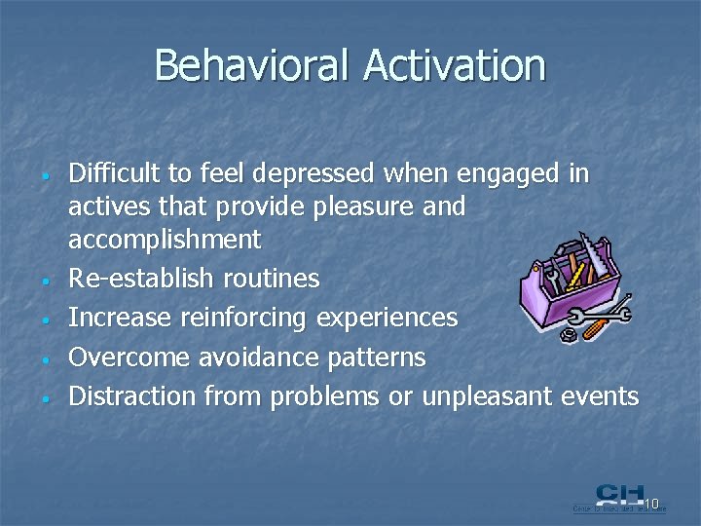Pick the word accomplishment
click(x=165, y=240)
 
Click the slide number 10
click(x=651, y=504)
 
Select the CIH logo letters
click(x=619, y=495)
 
